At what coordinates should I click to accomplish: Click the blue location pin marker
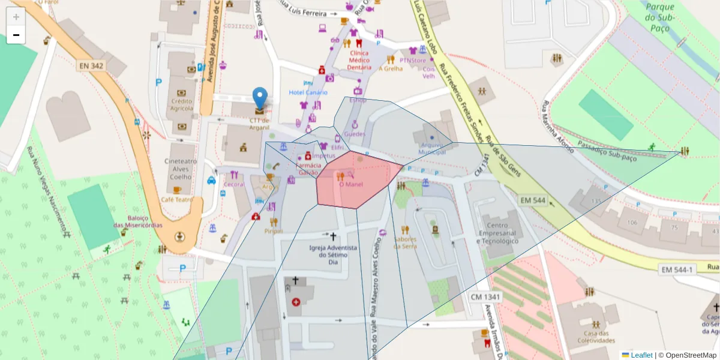click(260, 99)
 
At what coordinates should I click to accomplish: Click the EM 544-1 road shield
click(677, 270)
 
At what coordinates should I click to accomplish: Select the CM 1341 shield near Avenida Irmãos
click(485, 297)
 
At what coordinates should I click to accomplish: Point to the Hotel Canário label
click(308, 92)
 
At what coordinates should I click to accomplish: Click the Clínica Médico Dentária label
click(359, 60)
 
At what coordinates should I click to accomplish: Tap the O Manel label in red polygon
click(352, 184)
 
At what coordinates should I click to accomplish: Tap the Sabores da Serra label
click(405, 242)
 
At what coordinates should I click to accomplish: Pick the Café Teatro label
click(176, 199)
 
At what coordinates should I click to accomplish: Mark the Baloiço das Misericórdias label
click(137, 221)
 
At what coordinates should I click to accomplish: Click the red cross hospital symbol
click(296, 302)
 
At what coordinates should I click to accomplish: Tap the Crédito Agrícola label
click(182, 105)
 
